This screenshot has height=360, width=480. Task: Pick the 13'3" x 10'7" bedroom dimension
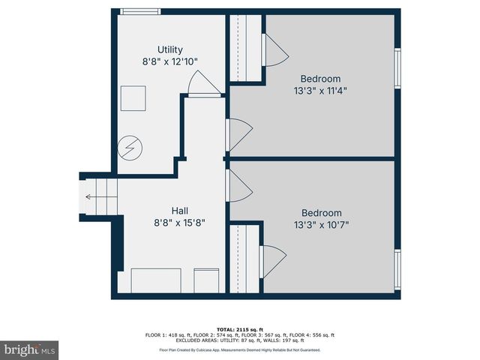[321, 224]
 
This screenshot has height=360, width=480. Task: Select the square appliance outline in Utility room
[134, 98]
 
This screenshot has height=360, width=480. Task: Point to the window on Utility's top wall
[140, 11]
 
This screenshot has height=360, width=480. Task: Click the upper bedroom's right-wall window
[398, 68]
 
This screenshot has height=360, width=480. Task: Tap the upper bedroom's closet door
[271, 50]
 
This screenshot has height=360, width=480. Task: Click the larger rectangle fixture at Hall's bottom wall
[157, 281]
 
